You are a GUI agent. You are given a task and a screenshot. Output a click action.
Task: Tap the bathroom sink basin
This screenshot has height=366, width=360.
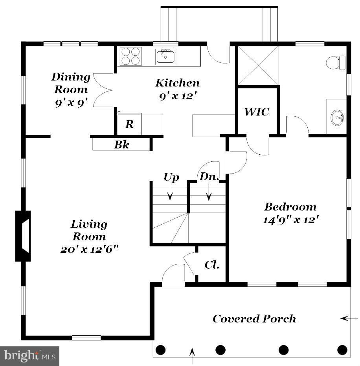pyautogui.click(x=337, y=117)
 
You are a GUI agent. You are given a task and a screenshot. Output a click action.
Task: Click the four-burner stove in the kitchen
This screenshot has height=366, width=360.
pyautogui.click(x=130, y=56)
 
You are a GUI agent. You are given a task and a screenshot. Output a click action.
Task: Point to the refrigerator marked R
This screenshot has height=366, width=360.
pyautogui.click(x=129, y=124)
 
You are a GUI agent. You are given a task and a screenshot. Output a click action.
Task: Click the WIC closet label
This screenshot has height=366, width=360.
pyautogui.click(x=257, y=112)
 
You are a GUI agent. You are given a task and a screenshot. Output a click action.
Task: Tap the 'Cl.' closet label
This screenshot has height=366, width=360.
pyautogui.click(x=211, y=265)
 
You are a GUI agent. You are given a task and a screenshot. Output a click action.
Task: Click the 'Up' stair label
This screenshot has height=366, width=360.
pyautogui.click(x=171, y=177)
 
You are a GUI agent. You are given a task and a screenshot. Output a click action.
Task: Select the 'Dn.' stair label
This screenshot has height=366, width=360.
pyautogui.click(x=209, y=177)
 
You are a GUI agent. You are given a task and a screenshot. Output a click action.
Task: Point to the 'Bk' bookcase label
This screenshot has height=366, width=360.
pyautogui.click(x=121, y=145)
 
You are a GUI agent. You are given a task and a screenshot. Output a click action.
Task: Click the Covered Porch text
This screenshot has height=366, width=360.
pyautogui.click(x=254, y=318)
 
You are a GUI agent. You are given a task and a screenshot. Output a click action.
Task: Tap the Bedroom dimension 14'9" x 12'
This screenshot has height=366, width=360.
pyautogui.click(x=290, y=220)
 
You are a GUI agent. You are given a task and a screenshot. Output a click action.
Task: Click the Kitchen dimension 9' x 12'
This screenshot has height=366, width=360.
pyautogui.click(x=178, y=96)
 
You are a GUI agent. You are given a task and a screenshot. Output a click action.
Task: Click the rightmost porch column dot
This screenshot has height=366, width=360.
pyautogui.click(x=342, y=349)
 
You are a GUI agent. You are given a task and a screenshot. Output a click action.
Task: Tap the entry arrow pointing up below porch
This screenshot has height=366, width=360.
pyautogui.click(x=192, y=358)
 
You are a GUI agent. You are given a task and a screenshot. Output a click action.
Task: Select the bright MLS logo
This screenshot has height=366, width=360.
pyautogui.click(x=29, y=356)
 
